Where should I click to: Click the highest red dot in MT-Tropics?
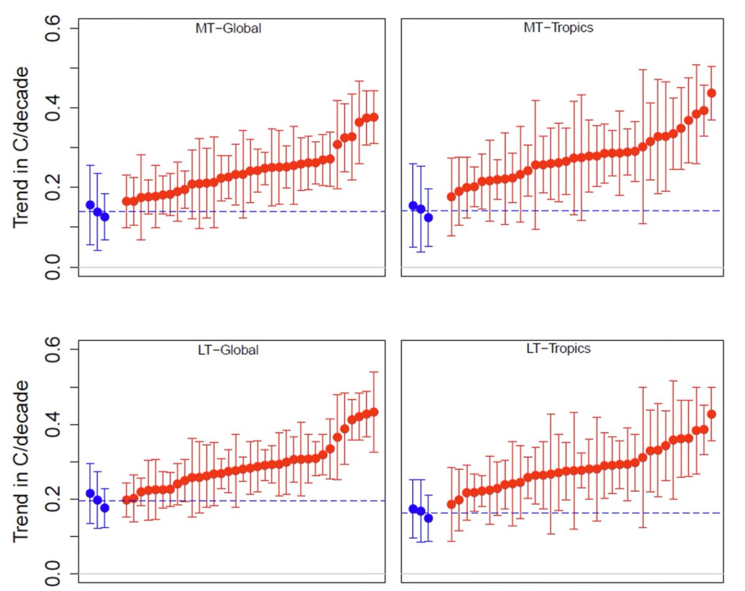pyautogui.click(x=711, y=93)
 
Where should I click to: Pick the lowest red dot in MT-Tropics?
pyautogui.click(x=451, y=197)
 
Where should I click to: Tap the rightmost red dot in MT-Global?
pyautogui.click(x=374, y=117)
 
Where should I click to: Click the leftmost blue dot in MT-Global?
pyautogui.click(x=90, y=205)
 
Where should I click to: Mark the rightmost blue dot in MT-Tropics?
pyautogui.click(x=428, y=218)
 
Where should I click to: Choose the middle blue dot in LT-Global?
pyautogui.click(x=97, y=500)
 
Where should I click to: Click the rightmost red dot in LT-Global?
pyautogui.click(x=374, y=412)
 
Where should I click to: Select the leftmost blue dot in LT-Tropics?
pyautogui.click(x=413, y=509)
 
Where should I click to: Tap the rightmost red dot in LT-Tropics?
pyautogui.click(x=711, y=414)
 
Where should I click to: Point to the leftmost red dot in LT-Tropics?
pyautogui.click(x=451, y=505)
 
